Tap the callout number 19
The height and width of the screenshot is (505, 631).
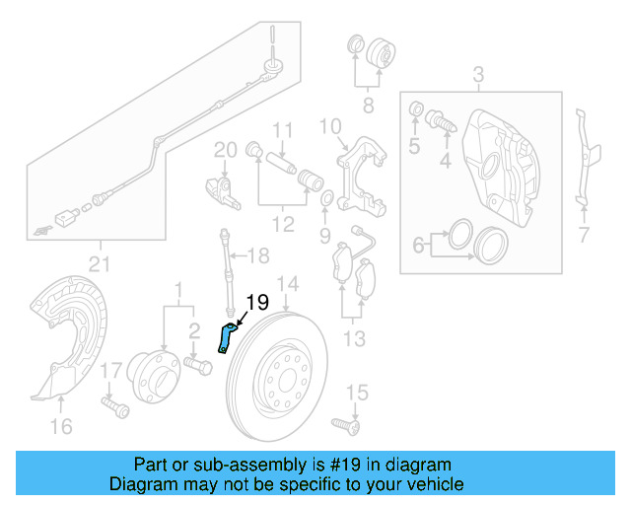coord(255,303)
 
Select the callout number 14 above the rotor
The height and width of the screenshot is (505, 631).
coord(286,287)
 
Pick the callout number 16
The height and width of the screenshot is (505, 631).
coord(61,425)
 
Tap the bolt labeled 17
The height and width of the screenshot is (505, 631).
coord(109,402)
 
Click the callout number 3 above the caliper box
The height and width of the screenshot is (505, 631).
coord(478,74)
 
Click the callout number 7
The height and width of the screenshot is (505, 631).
coord(583,234)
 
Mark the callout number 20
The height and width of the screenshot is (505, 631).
coord(226,149)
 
